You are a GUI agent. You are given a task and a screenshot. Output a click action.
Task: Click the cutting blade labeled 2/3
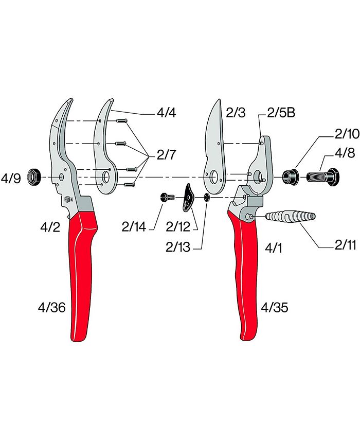pyautogui.click(x=216, y=144)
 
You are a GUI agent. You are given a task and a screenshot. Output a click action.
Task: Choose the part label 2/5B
pyautogui.click(x=281, y=113)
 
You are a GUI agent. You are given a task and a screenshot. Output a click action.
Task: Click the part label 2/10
pyautogui.click(x=346, y=134)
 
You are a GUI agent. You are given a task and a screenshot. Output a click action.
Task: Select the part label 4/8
pyautogui.click(x=344, y=153)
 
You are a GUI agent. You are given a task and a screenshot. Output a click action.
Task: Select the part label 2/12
pyautogui.click(x=177, y=225)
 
